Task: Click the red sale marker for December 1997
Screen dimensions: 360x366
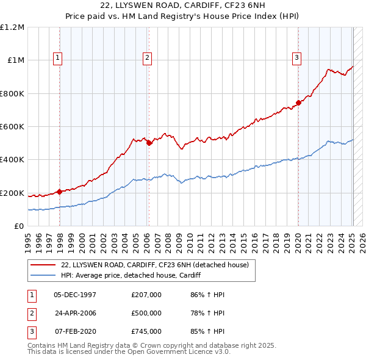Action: (x=60, y=192)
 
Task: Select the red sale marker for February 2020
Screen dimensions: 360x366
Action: (x=298, y=103)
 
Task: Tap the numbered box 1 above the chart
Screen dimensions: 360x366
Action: (x=58, y=58)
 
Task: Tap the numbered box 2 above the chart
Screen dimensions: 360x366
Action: (x=148, y=58)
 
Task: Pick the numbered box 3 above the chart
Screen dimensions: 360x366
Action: (x=296, y=58)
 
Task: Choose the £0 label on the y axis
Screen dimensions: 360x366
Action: (x=20, y=226)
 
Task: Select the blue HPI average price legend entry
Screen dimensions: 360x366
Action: (x=135, y=275)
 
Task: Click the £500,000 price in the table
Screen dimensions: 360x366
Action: (x=146, y=313)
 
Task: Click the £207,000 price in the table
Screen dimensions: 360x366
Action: (x=146, y=295)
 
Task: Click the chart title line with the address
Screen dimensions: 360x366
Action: (x=183, y=7)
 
